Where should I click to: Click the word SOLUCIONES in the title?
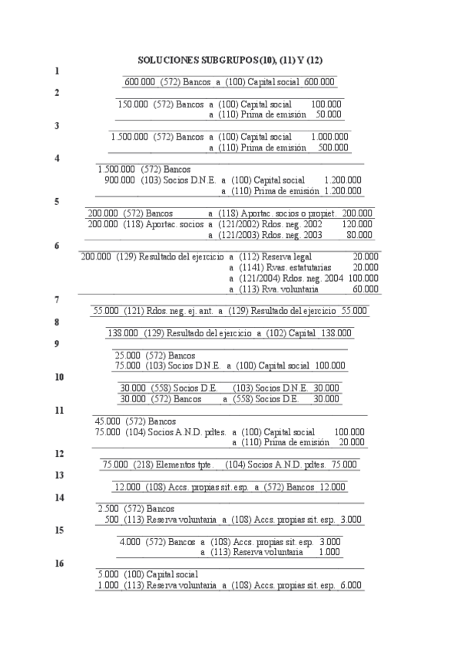point(167,59)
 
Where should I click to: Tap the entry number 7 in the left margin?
point(57,299)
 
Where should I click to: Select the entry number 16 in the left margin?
point(59,563)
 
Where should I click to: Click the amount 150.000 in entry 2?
point(133,104)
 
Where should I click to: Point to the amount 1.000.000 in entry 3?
point(329,137)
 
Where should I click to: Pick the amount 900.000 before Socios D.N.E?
point(120,180)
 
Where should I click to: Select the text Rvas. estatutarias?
point(298,268)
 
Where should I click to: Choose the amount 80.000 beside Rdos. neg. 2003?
point(359,235)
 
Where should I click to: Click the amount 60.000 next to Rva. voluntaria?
point(365,289)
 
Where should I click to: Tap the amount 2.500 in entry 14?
point(108,509)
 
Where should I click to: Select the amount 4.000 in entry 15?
point(129,542)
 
